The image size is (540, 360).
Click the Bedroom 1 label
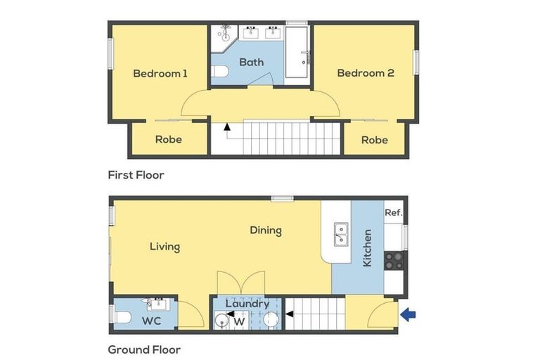[x=160, y=73]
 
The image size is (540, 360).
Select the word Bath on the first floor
[x=251, y=62]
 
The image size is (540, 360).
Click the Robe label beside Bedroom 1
[x=169, y=139]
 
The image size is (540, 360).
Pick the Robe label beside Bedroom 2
[x=374, y=139]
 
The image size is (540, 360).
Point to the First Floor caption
[x=136, y=174]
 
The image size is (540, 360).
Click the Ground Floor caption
[x=144, y=349]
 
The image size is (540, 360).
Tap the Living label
[x=165, y=247]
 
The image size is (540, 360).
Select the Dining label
[x=266, y=230]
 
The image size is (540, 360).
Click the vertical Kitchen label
[x=366, y=247]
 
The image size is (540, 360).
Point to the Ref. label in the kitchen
[x=393, y=212]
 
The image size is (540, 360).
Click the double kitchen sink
[x=340, y=234]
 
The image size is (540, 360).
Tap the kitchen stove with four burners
[x=393, y=260]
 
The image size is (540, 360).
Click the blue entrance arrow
[x=408, y=315]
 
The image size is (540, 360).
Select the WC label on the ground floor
[x=152, y=321]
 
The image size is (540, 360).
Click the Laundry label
[x=247, y=304]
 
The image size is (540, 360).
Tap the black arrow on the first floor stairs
[x=227, y=127]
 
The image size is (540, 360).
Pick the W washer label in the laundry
[x=239, y=322]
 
